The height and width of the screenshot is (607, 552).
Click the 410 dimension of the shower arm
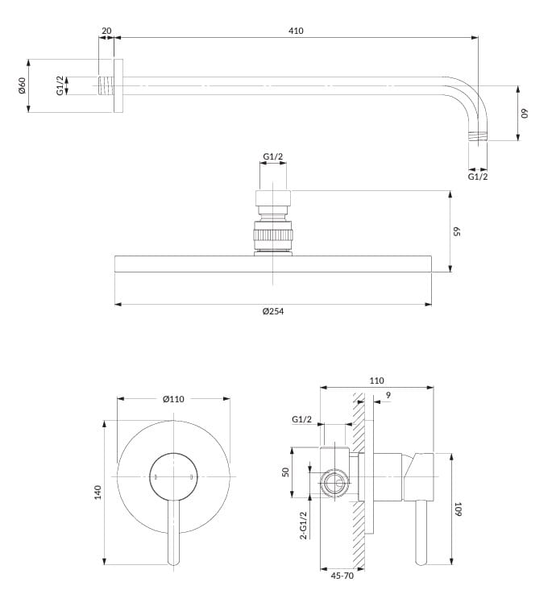pyautogui.click(x=295, y=31)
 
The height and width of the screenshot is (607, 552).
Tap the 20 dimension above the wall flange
pyautogui.click(x=106, y=31)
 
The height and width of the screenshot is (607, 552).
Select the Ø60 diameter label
pyautogui.click(x=23, y=85)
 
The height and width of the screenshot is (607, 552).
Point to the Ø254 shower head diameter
pyautogui.click(x=273, y=311)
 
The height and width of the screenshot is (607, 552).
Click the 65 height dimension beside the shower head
pyautogui.click(x=456, y=231)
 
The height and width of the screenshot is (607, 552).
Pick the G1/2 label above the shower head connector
pyautogui.click(x=273, y=156)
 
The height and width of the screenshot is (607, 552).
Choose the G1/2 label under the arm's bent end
pyautogui.click(x=478, y=176)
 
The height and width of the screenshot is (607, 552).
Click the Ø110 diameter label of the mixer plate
pyautogui.click(x=174, y=399)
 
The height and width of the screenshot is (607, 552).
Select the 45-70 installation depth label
pyautogui.click(x=342, y=576)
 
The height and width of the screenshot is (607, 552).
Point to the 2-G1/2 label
pyautogui.click(x=303, y=525)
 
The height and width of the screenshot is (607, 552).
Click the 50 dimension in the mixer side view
pyautogui.click(x=285, y=472)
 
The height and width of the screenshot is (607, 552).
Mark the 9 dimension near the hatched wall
pyautogui.click(x=388, y=395)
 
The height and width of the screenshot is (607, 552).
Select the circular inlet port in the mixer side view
pyautogui.click(x=334, y=485)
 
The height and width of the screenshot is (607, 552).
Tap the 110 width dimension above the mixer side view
pyautogui.click(x=376, y=380)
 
